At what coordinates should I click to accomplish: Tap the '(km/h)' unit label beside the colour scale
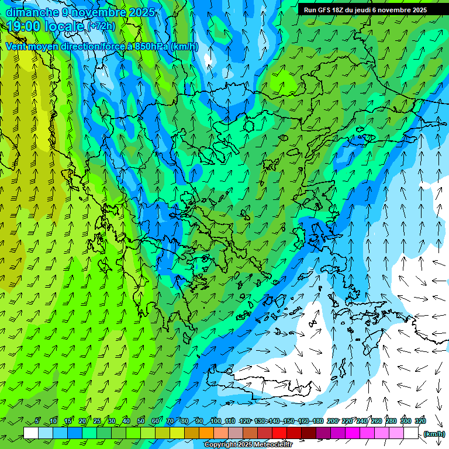coord(434,433)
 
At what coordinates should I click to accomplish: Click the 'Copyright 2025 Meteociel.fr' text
coord(248,445)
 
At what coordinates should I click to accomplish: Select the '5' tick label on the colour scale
coord(37,421)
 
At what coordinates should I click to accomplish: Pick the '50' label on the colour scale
coord(141,421)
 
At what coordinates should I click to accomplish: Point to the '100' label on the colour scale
coord(215,421)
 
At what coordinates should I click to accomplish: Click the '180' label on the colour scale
coord(317,421)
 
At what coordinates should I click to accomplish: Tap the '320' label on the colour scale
coord(420,421)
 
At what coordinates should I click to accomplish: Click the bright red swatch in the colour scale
coord(279,433)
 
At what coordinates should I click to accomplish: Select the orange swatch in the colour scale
coord(206,433)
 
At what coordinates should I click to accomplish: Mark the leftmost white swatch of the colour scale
coord(31,433)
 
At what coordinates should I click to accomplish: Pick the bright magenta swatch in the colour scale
coord(353,433)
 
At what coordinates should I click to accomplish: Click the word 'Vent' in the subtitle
coord(16,47)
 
